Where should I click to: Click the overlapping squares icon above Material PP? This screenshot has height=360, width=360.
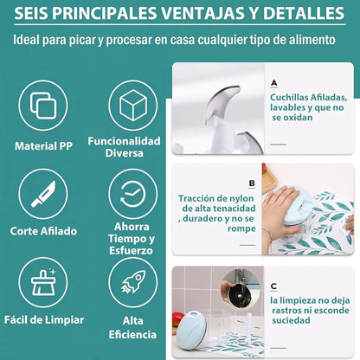tap(43, 106)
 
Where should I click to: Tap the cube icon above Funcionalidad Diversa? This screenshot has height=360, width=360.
tap(133, 105)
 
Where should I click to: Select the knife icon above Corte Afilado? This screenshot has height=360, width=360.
tap(43, 194)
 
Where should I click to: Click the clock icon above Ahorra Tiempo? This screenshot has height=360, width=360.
tap(132, 194)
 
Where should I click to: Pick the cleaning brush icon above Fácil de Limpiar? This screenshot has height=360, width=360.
tap(43, 282)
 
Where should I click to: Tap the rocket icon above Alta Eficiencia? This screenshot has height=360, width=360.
tap(133, 282)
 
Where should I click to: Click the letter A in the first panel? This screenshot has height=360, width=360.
tap(274, 83)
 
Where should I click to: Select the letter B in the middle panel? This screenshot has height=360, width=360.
tap(252, 183)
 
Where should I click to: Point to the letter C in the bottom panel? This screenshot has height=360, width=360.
tap(274, 286)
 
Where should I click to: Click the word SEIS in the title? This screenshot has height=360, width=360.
tap(31, 13)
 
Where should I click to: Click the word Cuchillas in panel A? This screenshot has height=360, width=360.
tap(289, 97)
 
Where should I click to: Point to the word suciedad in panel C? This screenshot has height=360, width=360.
tap(291, 320)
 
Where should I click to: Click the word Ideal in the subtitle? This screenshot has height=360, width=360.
tap(27, 40)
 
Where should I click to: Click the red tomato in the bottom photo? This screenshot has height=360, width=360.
tap(177, 319)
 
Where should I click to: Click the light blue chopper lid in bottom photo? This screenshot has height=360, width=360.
tap(191, 331)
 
